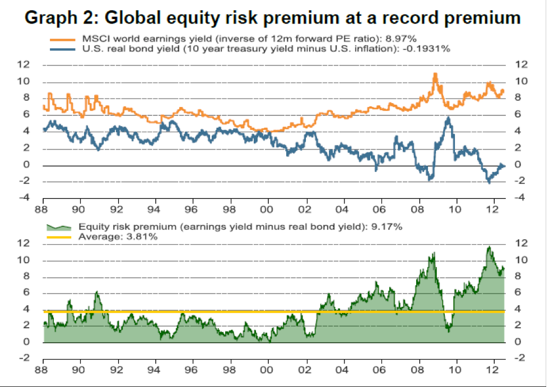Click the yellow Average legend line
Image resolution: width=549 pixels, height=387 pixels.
point(58,237)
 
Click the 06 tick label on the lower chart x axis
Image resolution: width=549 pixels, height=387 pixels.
point(381,370)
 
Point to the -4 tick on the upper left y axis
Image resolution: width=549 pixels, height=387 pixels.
point(24,198)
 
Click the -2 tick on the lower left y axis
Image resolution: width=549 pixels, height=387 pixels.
point(24,358)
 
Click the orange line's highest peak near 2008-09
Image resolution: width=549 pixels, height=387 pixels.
point(435,73)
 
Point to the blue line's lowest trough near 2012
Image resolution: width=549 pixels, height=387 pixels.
point(488,183)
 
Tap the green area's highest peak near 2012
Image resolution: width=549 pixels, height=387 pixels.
point(489,246)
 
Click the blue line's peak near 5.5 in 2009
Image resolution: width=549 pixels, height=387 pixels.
point(448,118)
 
